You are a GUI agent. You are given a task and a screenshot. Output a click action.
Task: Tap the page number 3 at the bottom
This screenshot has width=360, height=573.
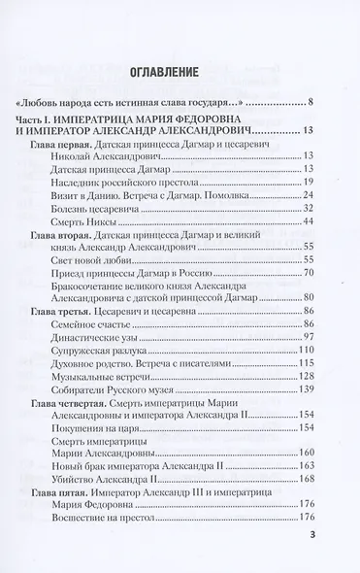(x=311, y=533)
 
